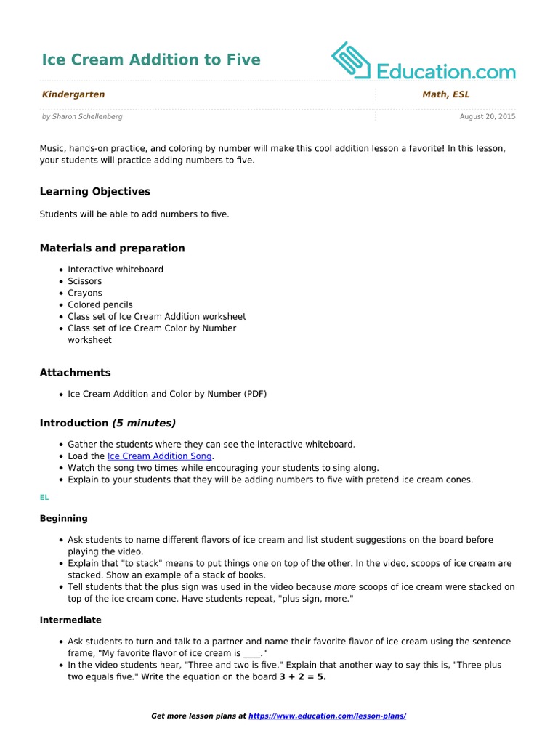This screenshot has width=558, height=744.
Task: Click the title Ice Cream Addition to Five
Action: (x=150, y=60)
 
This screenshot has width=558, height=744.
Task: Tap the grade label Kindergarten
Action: (x=73, y=94)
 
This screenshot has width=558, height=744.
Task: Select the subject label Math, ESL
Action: (x=445, y=94)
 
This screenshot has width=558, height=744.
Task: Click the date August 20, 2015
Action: (x=488, y=116)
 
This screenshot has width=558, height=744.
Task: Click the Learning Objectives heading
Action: (x=95, y=192)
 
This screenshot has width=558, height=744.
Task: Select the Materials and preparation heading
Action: (x=112, y=248)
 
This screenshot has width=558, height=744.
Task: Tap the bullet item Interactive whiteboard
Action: (x=116, y=270)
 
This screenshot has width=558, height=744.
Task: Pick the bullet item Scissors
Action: (x=85, y=281)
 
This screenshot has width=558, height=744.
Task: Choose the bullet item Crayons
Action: (x=85, y=293)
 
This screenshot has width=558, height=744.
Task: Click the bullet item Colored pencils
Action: (x=100, y=305)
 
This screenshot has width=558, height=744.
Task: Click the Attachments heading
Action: (x=75, y=373)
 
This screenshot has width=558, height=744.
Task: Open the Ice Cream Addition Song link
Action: (x=160, y=456)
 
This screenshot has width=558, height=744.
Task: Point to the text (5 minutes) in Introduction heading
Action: (x=144, y=423)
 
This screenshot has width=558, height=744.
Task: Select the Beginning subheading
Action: (x=63, y=519)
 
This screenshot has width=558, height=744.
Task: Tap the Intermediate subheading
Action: (x=70, y=620)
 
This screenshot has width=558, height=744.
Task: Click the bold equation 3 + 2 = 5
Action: (x=303, y=677)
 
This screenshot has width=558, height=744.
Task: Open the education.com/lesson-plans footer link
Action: (x=327, y=716)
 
